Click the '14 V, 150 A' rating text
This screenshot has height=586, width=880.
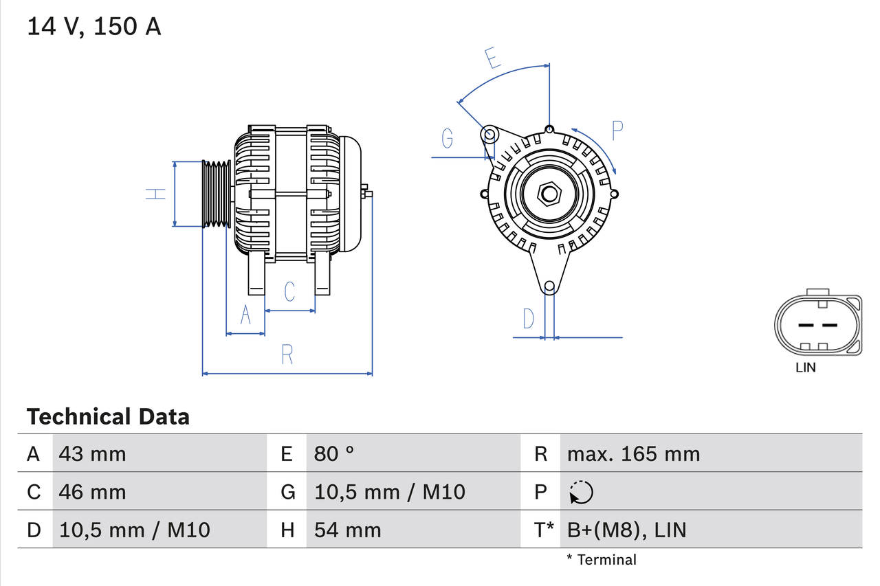click(94, 27)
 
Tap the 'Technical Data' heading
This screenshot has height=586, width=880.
click(108, 416)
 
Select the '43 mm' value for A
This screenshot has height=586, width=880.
click(93, 453)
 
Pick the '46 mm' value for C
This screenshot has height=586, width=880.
click(93, 492)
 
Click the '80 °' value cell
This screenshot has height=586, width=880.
click(334, 453)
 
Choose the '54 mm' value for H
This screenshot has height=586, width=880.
click(347, 530)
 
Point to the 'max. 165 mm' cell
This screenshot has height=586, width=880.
click(633, 453)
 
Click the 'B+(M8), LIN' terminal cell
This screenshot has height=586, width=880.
click(626, 530)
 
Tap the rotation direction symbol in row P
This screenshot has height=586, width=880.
click(581, 492)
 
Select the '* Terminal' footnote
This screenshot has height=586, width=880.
click(602, 560)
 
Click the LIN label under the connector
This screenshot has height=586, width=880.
click(805, 368)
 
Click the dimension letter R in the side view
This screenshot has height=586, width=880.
click(287, 355)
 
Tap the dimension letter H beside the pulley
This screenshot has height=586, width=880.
click(157, 194)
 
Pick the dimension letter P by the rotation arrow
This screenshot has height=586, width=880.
click(617, 131)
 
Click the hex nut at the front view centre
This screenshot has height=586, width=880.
click(549, 194)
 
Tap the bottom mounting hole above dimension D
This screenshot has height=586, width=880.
click(549, 286)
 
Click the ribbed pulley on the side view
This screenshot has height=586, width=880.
click(216, 194)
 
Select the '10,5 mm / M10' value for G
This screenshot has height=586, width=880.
click(389, 492)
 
